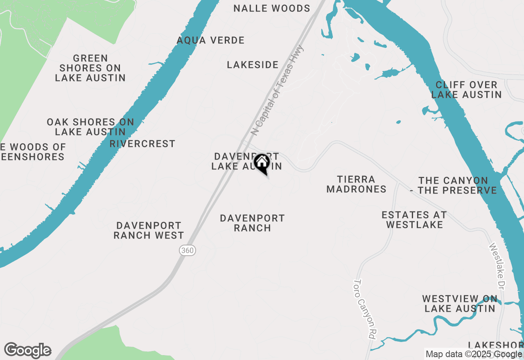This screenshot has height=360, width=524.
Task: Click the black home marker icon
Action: (x=262, y=163)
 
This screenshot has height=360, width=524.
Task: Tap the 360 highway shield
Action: (x=187, y=250)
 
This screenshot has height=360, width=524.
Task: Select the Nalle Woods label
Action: (x=272, y=8)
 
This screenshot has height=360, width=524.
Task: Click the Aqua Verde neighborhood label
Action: (x=210, y=40)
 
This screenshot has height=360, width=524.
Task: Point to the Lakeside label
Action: (x=253, y=65)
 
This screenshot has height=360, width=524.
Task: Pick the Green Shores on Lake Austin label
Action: (x=90, y=68)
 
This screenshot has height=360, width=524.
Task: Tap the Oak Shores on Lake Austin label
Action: (x=90, y=127)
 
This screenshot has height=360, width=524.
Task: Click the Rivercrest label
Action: (x=142, y=144)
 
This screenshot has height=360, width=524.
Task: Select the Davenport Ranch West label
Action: (x=149, y=230)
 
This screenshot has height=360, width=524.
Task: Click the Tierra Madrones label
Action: (x=356, y=184)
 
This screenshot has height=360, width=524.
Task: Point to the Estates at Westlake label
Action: (x=414, y=220)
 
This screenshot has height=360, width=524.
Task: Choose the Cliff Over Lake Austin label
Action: (x=466, y=90)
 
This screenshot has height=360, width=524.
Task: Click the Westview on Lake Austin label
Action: (x=460, y=304)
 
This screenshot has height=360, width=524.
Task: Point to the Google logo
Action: (x=27, y=351)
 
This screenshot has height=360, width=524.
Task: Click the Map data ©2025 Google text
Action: (x=474, y=354)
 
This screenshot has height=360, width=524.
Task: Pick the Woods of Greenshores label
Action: (x=32, y=152)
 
